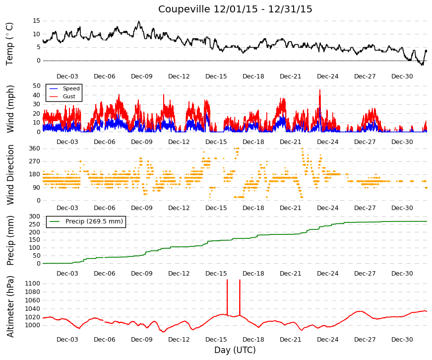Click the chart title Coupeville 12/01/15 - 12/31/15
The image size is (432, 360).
tap(235, 9)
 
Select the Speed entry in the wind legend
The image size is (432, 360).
tap(71, 88)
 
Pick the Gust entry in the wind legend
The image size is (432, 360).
tap(69, 96)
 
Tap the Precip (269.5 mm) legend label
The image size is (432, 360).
tap(94, 221)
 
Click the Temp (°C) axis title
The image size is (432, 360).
tap(9, 44)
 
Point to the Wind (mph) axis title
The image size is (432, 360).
tap(10, 109)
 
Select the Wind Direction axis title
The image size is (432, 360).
tap(10, 175)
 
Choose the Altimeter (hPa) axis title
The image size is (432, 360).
tap(10, 306)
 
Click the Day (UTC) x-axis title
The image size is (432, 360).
tap(235, 350)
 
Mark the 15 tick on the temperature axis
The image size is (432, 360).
tap(37, 21)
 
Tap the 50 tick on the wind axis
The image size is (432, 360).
tap(37, 86)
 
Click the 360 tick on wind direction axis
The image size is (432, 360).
tap(35, 148)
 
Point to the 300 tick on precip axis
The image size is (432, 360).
tap(35, 216)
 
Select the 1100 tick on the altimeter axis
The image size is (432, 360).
tap(33, 284)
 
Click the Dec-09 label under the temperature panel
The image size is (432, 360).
tap(142, 76)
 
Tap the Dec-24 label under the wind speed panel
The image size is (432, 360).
tap(327, 142)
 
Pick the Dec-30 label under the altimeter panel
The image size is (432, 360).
tap(402, 340)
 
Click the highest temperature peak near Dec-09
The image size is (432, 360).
tap(139, 21)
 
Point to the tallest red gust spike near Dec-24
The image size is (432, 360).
tap(320, 90)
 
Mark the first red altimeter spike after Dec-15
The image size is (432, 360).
tap(227, 297)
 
